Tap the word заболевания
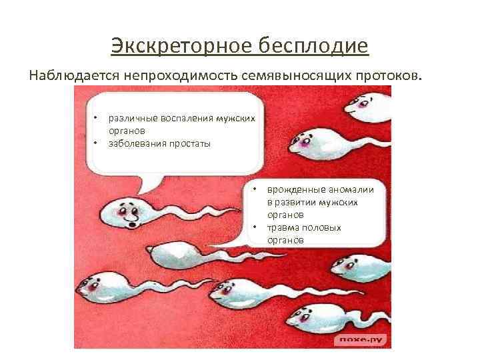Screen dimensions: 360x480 pos(135,143)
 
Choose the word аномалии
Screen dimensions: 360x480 pos(351,190)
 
